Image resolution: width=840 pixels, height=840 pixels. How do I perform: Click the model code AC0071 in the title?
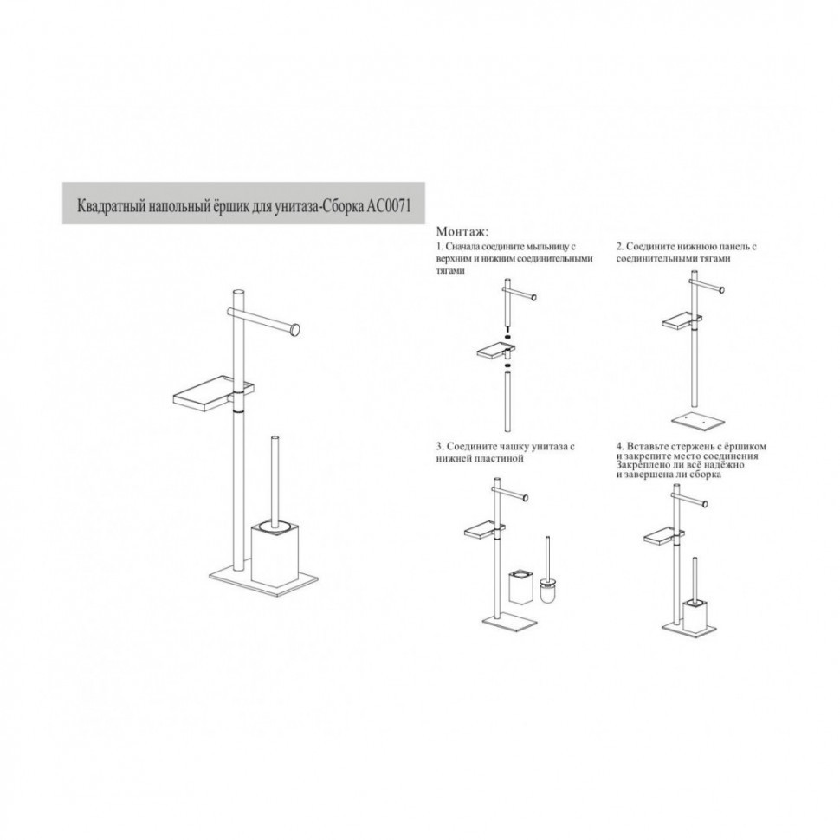pos(389,206)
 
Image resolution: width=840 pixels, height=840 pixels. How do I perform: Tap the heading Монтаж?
pos(462,232)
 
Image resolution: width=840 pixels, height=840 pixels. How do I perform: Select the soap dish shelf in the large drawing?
pos(214,392)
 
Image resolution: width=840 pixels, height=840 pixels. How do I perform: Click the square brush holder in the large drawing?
pos(274,557)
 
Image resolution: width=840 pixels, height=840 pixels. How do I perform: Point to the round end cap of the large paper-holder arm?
pos(294,329)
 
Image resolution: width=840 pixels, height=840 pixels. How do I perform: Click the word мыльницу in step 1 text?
pos(544,247)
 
